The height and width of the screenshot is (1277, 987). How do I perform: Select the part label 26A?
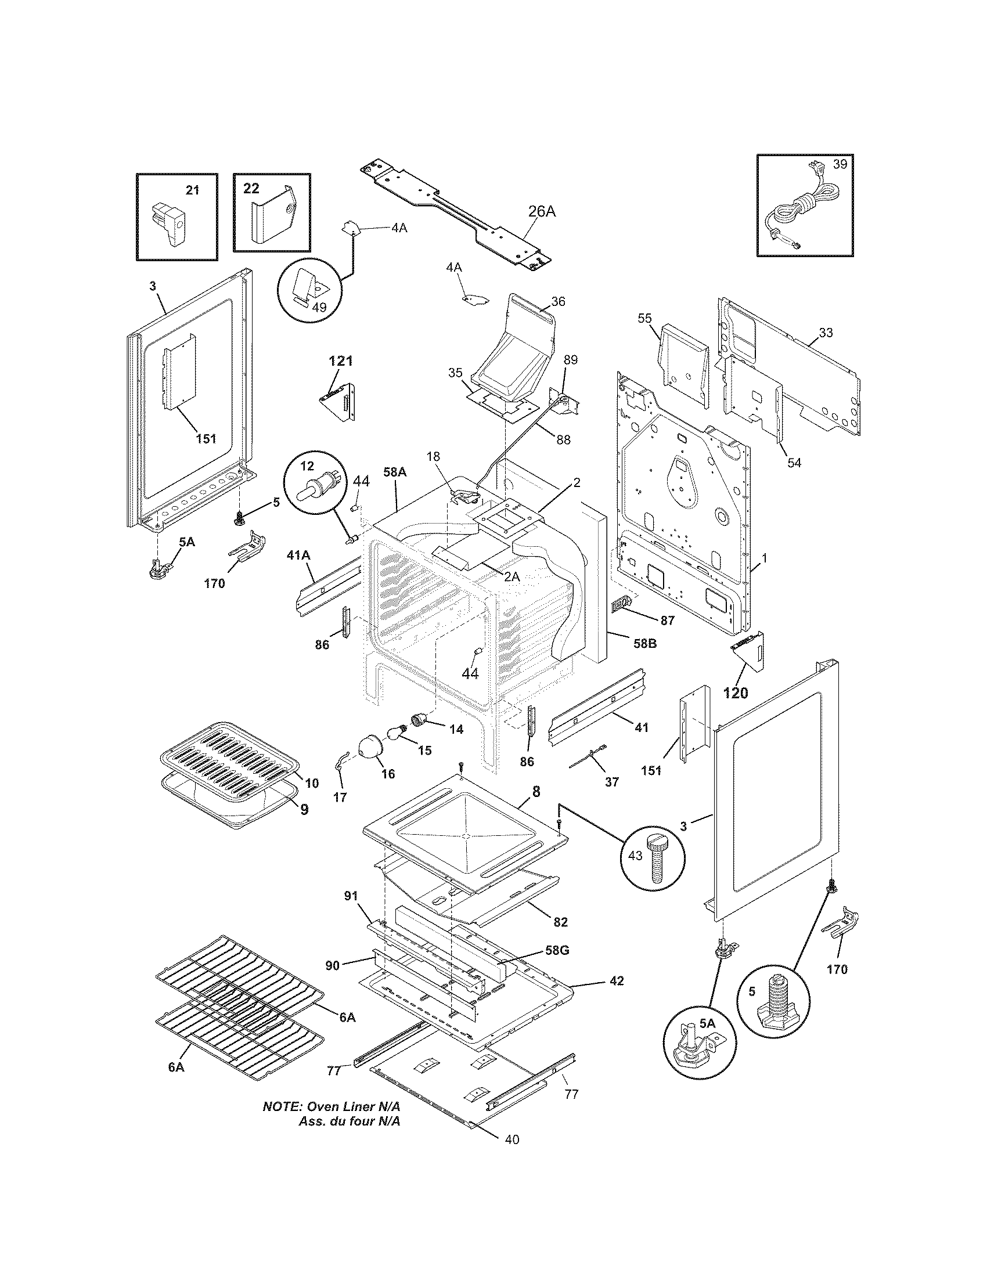(542, 212)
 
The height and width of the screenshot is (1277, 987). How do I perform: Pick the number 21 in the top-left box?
(192, 190)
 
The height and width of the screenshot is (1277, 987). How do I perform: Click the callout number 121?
(340, 361)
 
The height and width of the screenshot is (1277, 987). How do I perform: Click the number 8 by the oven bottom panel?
(536, 792)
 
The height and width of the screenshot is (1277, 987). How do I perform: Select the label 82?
(560, 922)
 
